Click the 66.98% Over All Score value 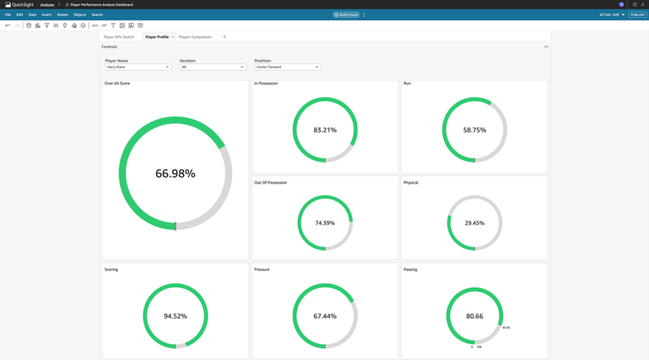(x=175, y=173)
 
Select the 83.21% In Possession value (x=324, y=130)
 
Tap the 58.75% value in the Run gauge (x=474, y=130)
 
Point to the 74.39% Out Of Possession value (x=324, y=223)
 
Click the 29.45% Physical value (x=474, y=223)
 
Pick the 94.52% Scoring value (x=175, y=316)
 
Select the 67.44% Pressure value (x=324, y=316)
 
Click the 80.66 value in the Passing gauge (x=474, y=316)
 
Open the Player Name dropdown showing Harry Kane (x=137, y=67)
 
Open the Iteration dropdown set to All (x=212, y=67)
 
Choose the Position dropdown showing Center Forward (x=287, y=67)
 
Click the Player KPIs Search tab (x=119, y=37)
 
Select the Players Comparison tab (x=195, y=37)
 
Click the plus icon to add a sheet (x=224, y=37)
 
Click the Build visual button (x=346, y=15)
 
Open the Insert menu (x=46, y=15)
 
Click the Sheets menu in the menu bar (x=62, y=15)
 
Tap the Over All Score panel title (x=117, y=83)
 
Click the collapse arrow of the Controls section (x=546, y=46)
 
